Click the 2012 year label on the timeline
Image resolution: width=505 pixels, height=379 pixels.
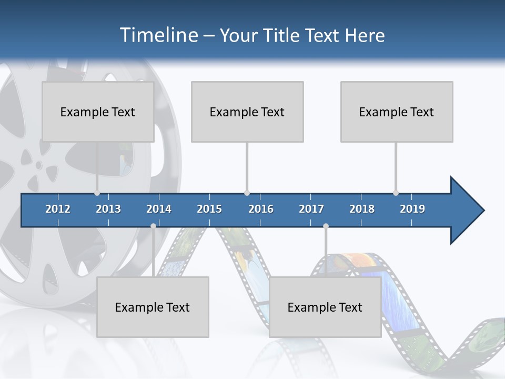[58, 209]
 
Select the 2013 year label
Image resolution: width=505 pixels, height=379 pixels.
[108, 209]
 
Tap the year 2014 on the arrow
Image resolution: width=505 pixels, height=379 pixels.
[159, 209]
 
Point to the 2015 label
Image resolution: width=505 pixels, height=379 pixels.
[209, 209]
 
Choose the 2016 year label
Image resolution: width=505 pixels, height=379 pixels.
[261, 209]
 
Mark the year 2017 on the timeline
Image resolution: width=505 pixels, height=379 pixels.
[311, 209]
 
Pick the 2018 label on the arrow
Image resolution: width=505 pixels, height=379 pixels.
[362, 209]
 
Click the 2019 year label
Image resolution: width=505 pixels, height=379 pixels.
[412, 209]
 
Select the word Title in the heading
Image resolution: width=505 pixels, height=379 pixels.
[283, 35]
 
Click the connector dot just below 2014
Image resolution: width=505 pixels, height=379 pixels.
[153, 226]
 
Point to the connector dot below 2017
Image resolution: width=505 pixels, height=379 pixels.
[326, 226]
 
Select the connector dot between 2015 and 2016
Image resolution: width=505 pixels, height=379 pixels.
[247, 193]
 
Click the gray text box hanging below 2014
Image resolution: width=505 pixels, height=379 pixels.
[153, 307]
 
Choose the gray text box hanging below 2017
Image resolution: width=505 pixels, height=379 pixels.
[325, 307]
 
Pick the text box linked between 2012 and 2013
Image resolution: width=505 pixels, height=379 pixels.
[98, 112]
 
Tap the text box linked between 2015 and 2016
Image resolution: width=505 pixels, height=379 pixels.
[247, 112]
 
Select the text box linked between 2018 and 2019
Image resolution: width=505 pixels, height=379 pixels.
[397, 112]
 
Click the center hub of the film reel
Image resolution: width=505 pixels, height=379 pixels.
[38, 165]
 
